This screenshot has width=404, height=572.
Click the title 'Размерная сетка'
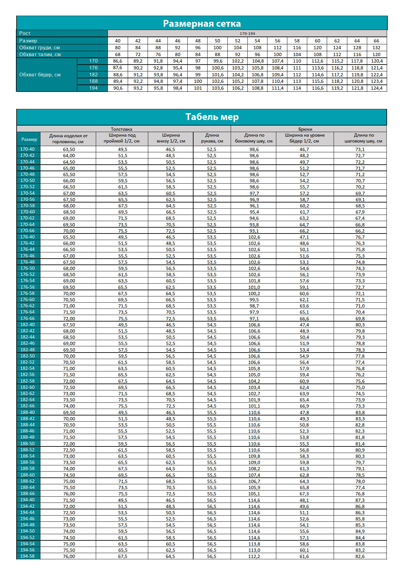[202, 23]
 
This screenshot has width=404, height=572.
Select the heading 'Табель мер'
[212, 117]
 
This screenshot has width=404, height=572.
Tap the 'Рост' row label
[25, 33]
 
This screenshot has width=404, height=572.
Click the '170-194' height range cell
[247, 34]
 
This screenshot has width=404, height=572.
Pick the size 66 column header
[376, 41]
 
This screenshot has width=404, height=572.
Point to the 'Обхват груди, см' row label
[39, 48]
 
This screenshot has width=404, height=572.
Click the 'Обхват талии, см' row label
[40, 54]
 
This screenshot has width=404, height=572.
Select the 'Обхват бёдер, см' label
[40, 75]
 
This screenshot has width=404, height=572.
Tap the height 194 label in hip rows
[93, 88]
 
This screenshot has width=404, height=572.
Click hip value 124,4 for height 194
[377, 88]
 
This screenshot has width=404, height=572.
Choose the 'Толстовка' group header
[122, 129]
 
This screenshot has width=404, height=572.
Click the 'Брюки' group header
[305, 129]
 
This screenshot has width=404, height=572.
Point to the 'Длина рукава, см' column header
[212, 138]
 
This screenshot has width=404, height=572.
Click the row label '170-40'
[28, 149]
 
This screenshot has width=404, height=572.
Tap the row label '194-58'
[28, 556]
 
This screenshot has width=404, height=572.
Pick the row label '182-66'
[28, 406]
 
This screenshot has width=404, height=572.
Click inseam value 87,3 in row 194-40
[360, 500]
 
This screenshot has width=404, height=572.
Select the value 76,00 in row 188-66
[69, 494]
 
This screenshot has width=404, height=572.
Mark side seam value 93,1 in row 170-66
[254, 231]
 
